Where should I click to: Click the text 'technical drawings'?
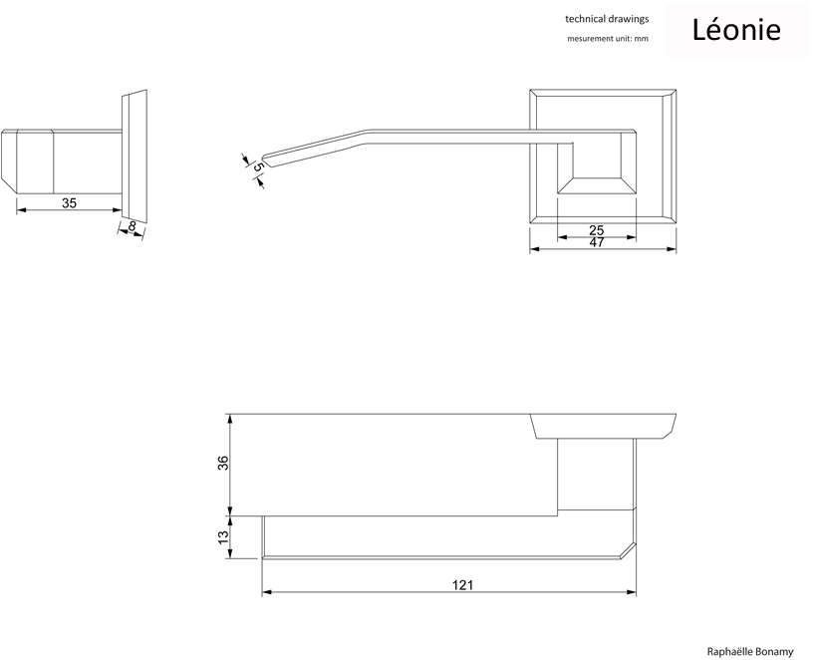[607, 19]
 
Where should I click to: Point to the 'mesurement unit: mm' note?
[607, 38]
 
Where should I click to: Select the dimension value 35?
[69, 202]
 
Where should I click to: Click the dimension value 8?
[133, 227]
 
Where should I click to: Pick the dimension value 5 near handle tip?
[257, 168]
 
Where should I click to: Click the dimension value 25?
[596, 230]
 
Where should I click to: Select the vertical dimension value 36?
[224, 463]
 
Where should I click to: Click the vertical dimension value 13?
[224, 536]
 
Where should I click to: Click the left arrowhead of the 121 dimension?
[266, 593]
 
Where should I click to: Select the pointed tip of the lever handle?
[263, 158]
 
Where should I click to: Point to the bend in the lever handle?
[364, 136]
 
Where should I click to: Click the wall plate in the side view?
[135, 155]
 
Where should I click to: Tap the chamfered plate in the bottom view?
[604, 425]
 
